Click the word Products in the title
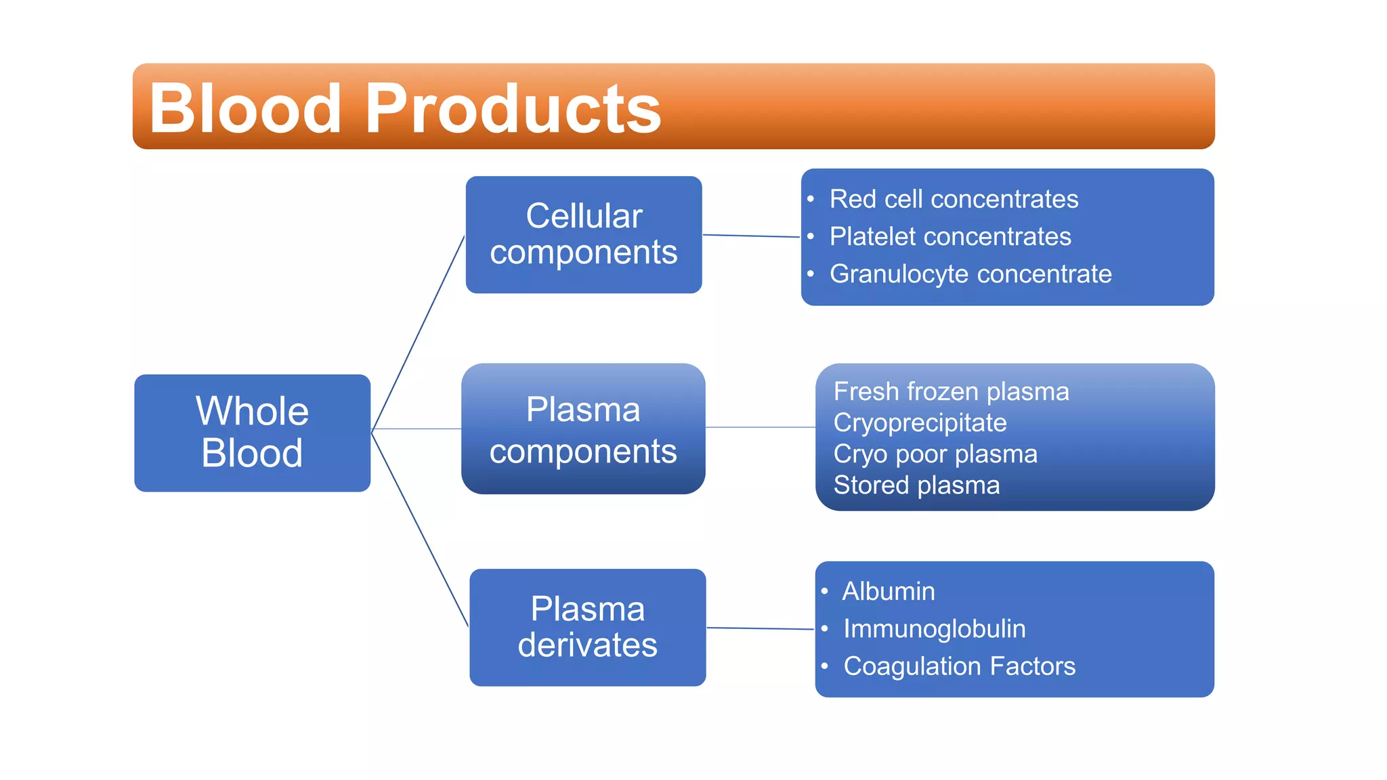pos(513,108)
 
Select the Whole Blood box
pos(252,433)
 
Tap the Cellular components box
pos(583,234)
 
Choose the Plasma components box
pos(583,429)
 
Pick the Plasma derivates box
pos(587,627)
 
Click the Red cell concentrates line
pos(954,199)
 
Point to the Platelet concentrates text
pos(950,236)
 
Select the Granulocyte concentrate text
pos(970,274)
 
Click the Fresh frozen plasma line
pos(951,391)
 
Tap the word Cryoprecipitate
pos(920,422)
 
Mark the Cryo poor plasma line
pos(935,454)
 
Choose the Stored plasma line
pos(916,485)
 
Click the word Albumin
pos(888,591)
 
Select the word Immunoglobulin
pos(934,628)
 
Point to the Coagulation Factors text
pos(959,666)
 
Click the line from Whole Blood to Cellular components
pos(419,332)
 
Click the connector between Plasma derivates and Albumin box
pos(760,628)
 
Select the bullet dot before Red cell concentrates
pos(811,199)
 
